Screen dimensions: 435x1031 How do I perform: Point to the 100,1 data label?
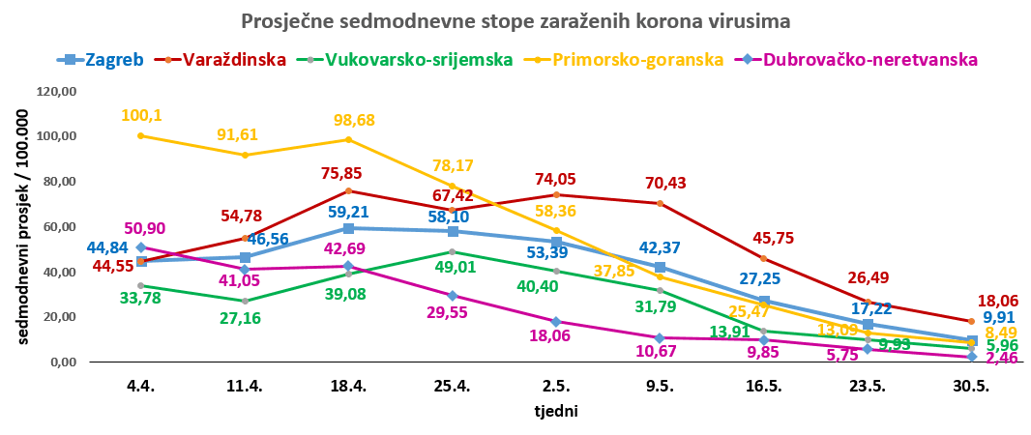click(x=141, y=115)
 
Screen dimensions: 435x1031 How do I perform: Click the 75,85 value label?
click(x=349, y=174)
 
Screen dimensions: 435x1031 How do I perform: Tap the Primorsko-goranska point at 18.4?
click(x=348, y=139)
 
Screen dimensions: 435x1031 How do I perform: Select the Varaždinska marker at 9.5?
click(x=660, y=203)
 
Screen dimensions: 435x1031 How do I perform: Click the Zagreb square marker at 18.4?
click(x=348, y=228)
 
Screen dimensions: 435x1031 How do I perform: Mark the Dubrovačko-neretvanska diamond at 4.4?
click(x=141, y=247)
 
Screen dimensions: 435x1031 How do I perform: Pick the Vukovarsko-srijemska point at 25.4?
click(x=452, y=251)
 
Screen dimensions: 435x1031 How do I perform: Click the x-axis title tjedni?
click(x=556, y=410)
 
